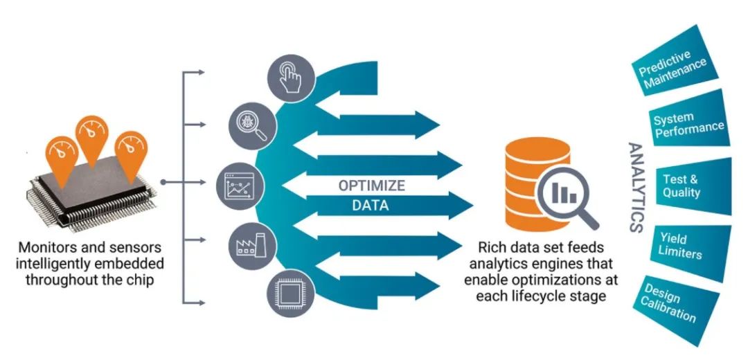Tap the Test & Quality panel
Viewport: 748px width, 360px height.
pyautogui.click(x=694, y=186)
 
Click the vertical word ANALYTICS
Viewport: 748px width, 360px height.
pyautogui.click(x=635, y=188)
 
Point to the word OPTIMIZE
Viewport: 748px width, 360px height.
pyautogui.click(x=372, y=185)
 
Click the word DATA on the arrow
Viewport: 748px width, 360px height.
pyautogui.click(x=370, y=206)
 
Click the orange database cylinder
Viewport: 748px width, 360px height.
pyautogui.click(x=533, y=183)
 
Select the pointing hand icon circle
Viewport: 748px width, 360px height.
pyautogui.click(x=290, y=78)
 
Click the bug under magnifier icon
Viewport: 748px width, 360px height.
pyautogui.click(x=253, y=126)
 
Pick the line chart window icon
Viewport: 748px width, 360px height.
pyautogui.click(x=238, y=186)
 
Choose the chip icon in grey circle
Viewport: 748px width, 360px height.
pyautogui.click(x=290, y=294)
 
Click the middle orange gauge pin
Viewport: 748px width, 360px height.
pyautogui.click(x=91, y=139)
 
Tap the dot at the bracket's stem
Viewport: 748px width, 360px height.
pyautogui.click(x=163, y=182)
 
